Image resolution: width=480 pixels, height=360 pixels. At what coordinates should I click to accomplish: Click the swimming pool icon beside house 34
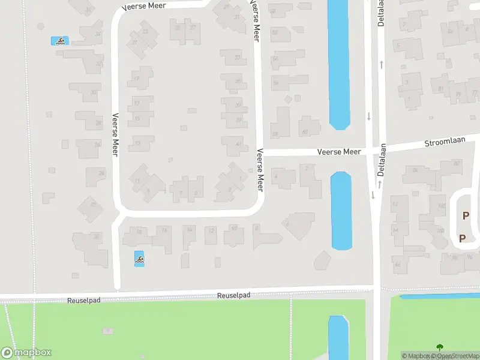coord(61,41)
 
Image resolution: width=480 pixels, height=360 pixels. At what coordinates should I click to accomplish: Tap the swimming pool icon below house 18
coord(139,259)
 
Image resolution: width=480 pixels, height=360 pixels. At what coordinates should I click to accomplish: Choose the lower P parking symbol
coord(462,238)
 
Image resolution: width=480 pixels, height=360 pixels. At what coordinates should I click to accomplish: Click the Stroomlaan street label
coord(444,143)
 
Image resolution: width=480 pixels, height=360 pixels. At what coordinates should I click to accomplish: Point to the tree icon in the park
coord(440,347)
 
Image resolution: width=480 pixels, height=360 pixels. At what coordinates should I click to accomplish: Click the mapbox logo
coord(26,353)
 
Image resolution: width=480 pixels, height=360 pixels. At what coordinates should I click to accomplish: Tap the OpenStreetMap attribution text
coord(456,356)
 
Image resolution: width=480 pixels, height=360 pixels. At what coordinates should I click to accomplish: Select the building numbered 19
coord(138,78)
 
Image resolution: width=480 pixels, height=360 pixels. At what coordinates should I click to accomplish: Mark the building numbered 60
coord(305,131)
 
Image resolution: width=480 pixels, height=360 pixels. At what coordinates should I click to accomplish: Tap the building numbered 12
coord(211,231)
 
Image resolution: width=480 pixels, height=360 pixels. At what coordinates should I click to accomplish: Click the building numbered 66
coord(397,263)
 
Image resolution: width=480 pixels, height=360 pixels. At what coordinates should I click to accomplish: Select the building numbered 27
coord(192,28)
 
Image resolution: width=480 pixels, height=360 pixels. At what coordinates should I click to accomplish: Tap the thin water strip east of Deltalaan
coord(438,296)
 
